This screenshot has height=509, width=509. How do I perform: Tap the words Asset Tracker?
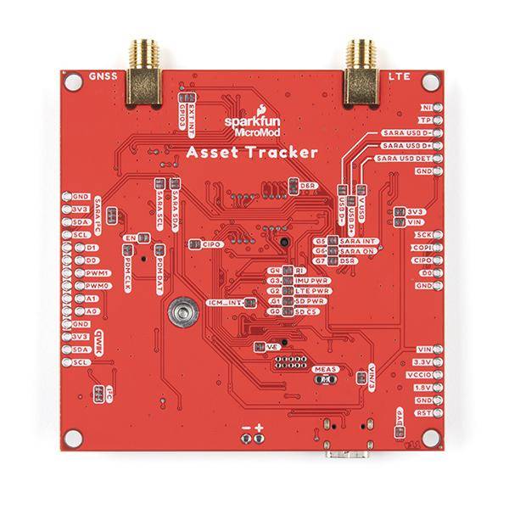(x=241, y=153)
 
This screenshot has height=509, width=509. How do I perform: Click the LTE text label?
(x=399, y=77)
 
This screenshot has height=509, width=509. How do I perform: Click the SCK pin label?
(x=422, y=233)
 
